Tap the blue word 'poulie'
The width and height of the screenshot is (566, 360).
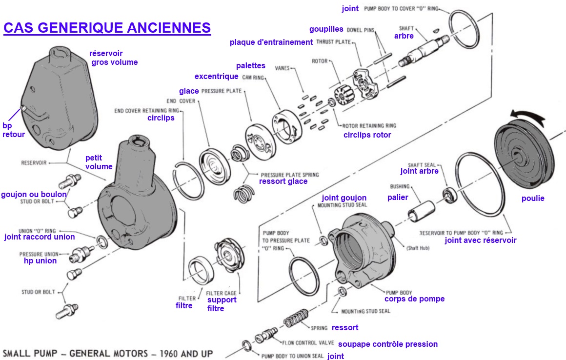point(532,199)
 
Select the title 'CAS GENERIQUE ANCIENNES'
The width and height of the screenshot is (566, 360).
point(107,27)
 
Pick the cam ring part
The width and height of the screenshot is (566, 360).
point(285,128)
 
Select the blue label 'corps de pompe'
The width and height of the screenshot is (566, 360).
point(414,299)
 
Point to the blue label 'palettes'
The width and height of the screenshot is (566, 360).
point(250,65)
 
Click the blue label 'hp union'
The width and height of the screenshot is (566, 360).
point(40,261)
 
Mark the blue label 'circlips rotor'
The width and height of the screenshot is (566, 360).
point(367,135)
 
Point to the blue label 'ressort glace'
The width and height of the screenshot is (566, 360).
point(283,181)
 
